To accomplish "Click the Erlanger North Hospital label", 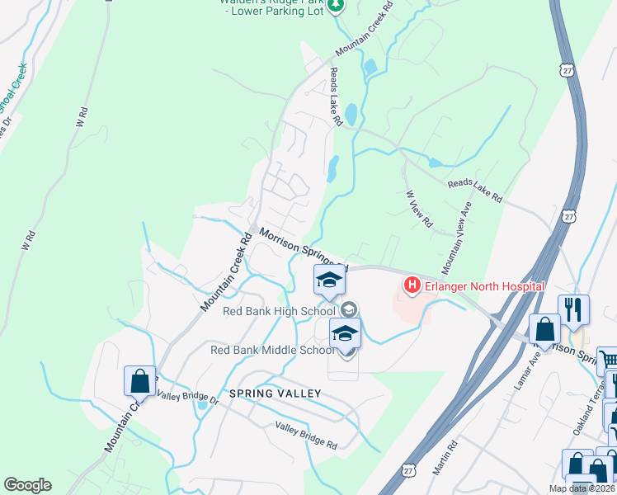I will point(484,286).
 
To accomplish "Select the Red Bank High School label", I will point(279,311).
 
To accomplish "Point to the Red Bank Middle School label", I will point(272,350).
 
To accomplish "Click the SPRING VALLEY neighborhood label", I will point(275,394).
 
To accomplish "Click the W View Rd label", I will point(419,210).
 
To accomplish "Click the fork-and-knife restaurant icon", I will point(572,309).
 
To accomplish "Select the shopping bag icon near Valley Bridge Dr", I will point(139,380).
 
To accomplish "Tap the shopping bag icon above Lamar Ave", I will point(544,328).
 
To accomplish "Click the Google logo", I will point(27,485).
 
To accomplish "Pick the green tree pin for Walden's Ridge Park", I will point(335,7).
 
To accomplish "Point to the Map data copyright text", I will point(582,488).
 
